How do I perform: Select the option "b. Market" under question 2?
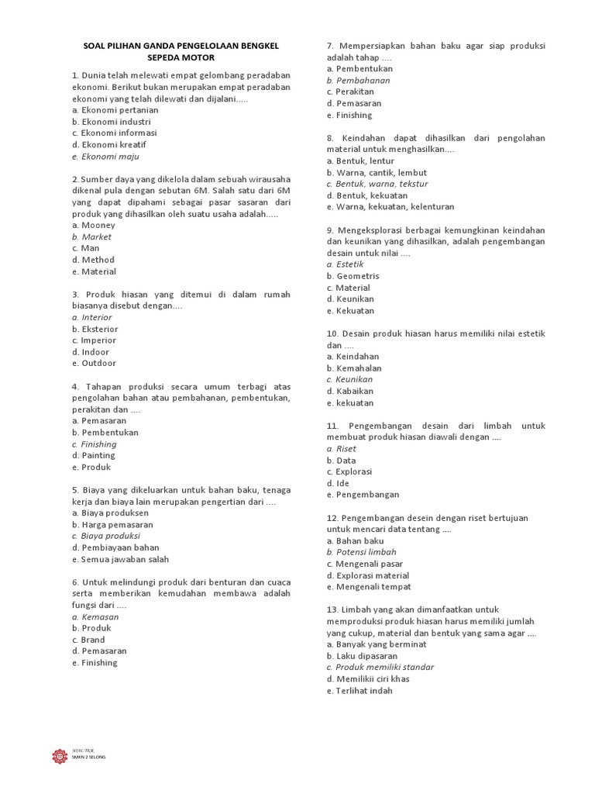coord(91,236)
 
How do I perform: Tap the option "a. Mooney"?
coord(93,225)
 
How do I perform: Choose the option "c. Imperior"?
coord(94,340)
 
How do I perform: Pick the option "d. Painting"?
coord(93,456)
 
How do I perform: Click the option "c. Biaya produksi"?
coord(105,536)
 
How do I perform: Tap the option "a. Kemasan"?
coord(95,616)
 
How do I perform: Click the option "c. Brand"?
coord(88,640)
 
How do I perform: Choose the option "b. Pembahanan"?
coord(358,80)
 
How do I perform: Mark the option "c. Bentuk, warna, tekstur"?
coord(377,184)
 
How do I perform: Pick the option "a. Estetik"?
coord(345,264)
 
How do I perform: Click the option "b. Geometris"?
coord(353,276)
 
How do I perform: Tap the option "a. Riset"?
coord(341,448)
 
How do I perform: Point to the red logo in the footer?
coord(60,755)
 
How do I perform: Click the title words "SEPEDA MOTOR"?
coord(181,57)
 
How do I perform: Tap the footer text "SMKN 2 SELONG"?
coord(88,757)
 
